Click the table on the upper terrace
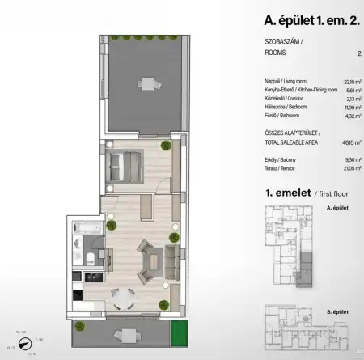tap(147, 83)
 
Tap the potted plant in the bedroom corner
tap(165, 146)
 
